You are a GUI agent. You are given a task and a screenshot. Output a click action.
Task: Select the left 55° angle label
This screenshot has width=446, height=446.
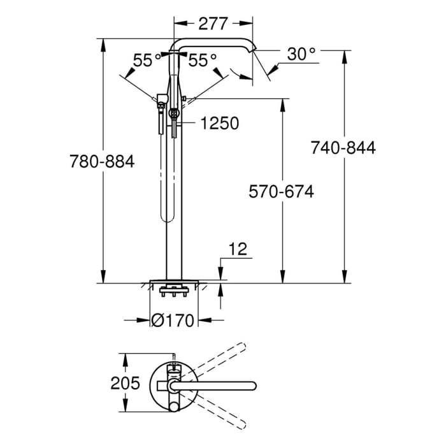tap(147, 61)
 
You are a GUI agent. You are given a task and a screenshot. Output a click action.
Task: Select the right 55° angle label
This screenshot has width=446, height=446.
tap(203, 61)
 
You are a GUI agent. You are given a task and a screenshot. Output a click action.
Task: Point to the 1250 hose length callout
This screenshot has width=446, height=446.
tap(220, 123)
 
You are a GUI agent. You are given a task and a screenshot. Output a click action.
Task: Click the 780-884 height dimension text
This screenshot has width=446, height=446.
tap(102, 162)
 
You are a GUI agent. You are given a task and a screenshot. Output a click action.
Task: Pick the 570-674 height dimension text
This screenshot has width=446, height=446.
tap(282, 191)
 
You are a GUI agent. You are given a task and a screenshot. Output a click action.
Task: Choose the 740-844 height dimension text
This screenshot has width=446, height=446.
tap(343, 148)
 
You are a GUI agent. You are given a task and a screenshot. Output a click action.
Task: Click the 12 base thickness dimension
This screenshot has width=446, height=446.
tap(237, 248)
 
